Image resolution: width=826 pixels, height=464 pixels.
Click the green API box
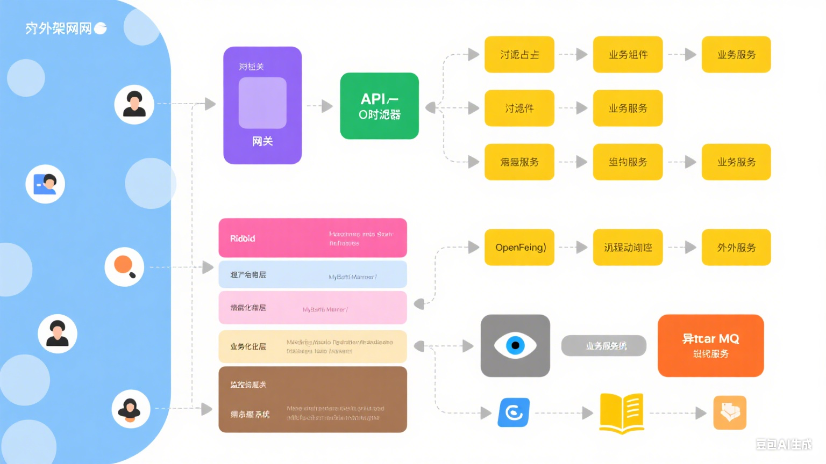(379, 106)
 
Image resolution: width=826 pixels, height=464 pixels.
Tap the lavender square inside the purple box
(262, 103)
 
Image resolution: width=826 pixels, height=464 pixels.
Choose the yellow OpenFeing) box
(519, 248)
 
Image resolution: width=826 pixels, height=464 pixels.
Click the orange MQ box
(710, 346)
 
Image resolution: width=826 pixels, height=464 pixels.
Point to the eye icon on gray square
(515, 345)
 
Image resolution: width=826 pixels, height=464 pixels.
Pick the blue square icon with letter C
(514, 412)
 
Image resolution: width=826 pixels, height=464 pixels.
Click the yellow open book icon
(622, 413)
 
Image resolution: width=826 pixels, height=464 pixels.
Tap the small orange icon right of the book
(730, 412)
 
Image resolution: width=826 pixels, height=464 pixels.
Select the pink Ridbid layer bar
(312, 238)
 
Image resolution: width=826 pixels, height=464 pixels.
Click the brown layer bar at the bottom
(312, 400)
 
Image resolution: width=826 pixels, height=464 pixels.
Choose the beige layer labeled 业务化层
(312, 346)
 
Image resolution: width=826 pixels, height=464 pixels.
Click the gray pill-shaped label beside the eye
(604, 346)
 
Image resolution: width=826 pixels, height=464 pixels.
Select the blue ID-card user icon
(45, 184)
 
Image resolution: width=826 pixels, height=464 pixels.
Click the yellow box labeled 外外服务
(736, 248)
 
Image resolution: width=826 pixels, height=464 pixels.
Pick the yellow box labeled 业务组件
(628, 54)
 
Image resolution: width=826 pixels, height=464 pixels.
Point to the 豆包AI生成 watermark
(784, 444)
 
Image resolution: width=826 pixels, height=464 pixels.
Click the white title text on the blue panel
(59, 28)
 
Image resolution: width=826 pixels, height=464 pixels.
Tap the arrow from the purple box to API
(321, 106)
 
